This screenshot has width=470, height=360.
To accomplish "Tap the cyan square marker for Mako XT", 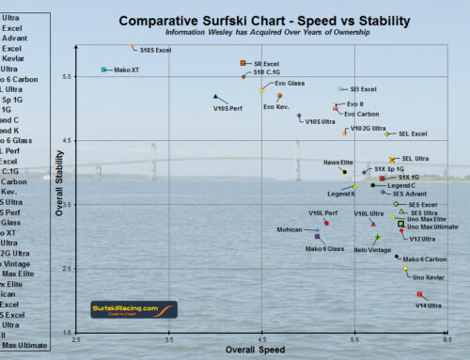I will pos(104,70).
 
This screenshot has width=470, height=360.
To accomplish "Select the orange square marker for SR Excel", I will pos(243,63).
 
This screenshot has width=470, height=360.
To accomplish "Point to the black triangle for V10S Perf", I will pos(216,96).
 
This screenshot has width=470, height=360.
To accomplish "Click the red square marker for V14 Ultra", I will pos(419,294).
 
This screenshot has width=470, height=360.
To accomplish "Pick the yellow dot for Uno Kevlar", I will pos(406,268).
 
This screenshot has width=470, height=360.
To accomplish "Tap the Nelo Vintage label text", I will pos(372,250).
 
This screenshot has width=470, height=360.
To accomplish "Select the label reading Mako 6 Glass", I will pos(324,248).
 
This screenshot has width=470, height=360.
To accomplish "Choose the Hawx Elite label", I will pos(338,163).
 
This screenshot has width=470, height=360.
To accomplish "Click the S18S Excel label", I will pos(154,48).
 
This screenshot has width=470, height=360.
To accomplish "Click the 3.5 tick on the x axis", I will pos(169,339).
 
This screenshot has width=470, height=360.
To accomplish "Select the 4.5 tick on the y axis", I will pos(69,139).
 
